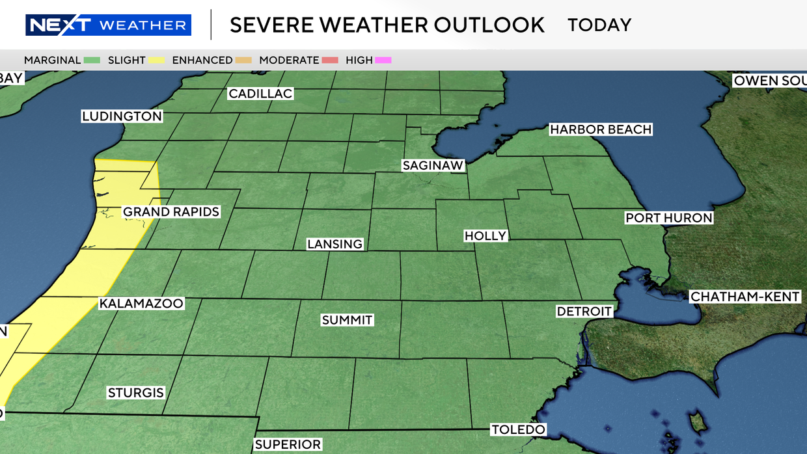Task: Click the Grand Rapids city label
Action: coord(171,212)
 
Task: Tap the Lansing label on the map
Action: coord(335,245)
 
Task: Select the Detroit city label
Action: coord(584,312)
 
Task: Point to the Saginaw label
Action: coord(433,165)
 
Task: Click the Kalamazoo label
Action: coord(141,304)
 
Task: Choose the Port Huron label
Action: coord(668,218)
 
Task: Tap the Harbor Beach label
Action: coord(600,129)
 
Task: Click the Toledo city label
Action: coord(517,429)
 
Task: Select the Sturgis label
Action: coord(135,393)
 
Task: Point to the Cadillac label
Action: coord(260,94)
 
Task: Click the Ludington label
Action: coord(122,116)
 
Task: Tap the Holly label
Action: coord(485,235)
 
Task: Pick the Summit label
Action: coord(347,320)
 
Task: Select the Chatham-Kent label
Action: coord(745,297)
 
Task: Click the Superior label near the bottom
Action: coord(288,445)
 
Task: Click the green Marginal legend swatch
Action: coord(91,60)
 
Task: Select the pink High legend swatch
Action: coord(383,60)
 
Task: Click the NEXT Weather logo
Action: coord(108,25)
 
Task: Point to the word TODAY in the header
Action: coord(599,25)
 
